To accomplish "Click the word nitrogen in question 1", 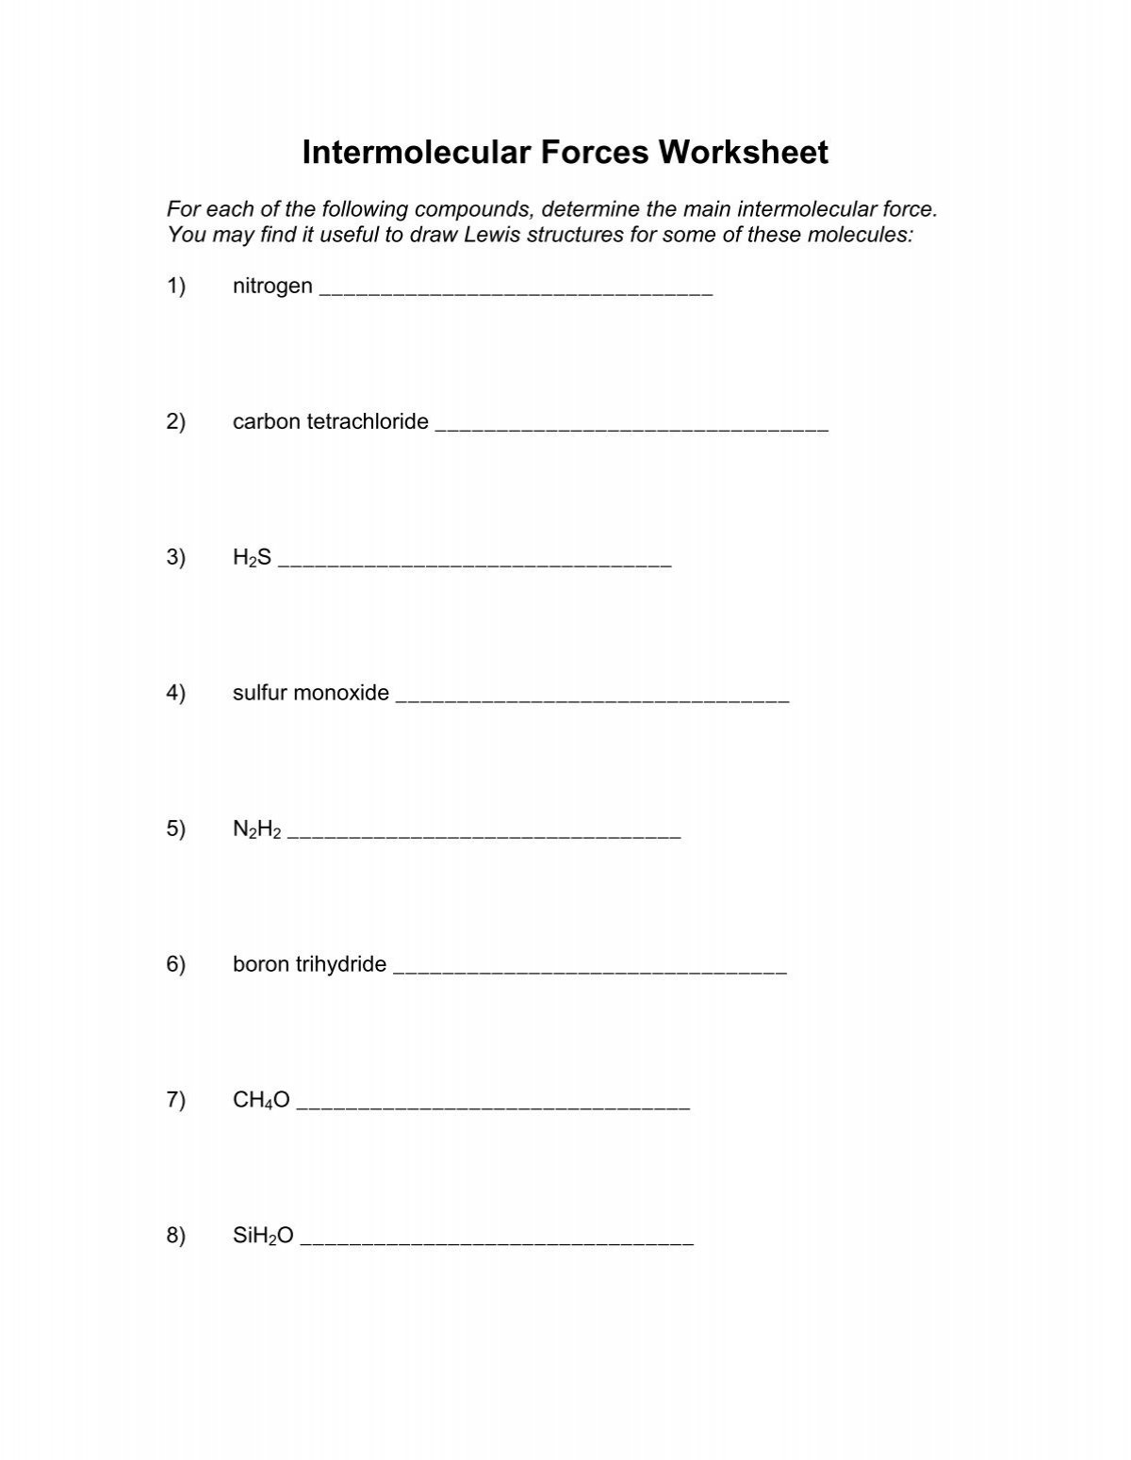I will point(272,287).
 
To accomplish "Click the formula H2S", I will point(252,558).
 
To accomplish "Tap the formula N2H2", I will point(256,829).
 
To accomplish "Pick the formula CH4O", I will point(261,1100).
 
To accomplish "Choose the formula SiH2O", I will point(263,1236).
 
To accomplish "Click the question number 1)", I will point(176,287).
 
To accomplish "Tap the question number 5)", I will point(176,829).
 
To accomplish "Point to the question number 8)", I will point(176,1236).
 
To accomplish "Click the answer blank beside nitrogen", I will point(516,290).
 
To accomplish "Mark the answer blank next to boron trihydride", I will point(589,968).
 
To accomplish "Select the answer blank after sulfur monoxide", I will point(593,697).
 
